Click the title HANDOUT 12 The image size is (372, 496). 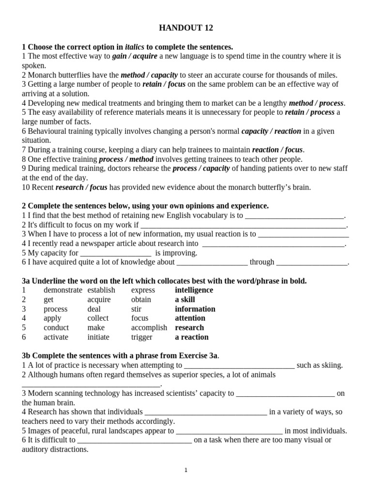click(186, 28)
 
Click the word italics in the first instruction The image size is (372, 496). click(134, 47)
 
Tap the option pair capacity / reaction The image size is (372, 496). click(271, 131)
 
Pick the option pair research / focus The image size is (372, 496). click(81, 187)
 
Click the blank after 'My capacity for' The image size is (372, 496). click(116, 253)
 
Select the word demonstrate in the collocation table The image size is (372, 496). click(63, 290)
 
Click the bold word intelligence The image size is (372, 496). click(194, 290)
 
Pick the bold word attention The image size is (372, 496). click(190, 318)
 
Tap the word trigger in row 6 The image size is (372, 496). click(141, 337)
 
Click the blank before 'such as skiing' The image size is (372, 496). click(239, 366)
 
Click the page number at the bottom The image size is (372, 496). click(186, 470)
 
